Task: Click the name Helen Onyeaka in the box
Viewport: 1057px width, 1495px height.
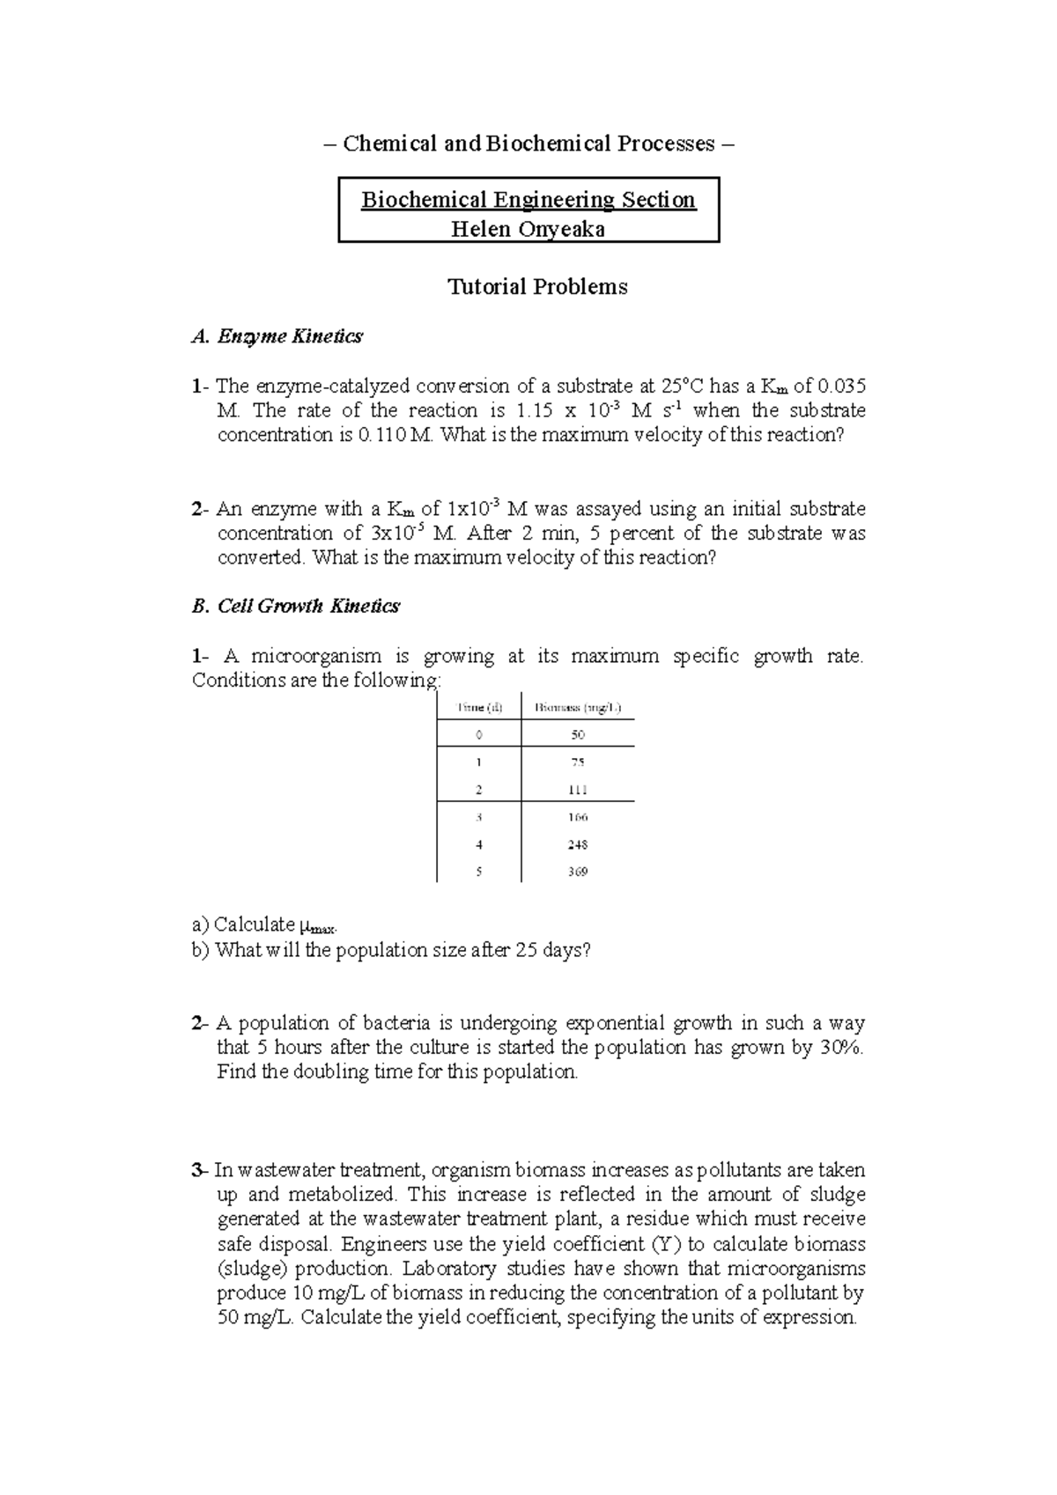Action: tap(528, 229)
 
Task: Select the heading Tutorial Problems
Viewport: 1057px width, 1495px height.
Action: tap(537, 287)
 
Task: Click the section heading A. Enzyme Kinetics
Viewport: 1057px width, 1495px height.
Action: tap(277, 336)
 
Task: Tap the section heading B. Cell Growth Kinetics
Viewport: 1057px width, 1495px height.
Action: tap(295, 606)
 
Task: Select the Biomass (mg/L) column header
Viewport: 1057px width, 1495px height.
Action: tap(578, 707)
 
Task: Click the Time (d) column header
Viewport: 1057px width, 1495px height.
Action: tap(478, 707)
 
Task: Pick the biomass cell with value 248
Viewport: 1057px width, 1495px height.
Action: tap(578, 844)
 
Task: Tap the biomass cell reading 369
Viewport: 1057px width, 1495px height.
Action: tap(578, 872)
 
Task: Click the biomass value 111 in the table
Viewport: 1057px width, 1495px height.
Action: tap(578, 790)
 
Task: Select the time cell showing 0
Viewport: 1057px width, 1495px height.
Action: tap(478, 734)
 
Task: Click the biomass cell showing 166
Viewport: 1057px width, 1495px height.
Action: tap(578, 817)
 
